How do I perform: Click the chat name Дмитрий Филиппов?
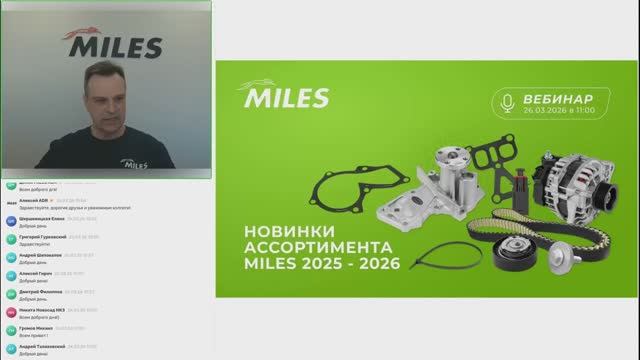pos(40,291)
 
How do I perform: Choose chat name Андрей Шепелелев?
pos(40,254)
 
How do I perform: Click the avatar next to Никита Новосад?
pos(10,311)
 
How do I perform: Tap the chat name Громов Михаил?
pos(35,328)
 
